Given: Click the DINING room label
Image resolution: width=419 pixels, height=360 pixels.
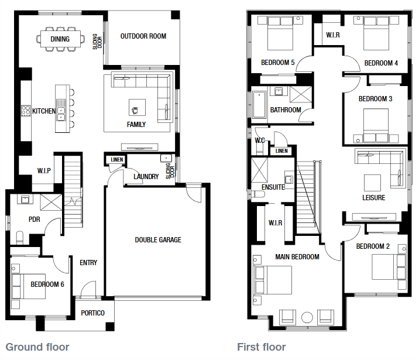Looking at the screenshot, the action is [x=60, y=39].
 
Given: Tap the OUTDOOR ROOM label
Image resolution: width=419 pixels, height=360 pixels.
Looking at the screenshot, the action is [x=143, y=36].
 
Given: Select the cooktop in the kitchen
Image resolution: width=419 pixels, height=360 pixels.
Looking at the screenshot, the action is [x=26, y=111].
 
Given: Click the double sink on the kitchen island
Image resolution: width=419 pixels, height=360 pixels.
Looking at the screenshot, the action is [x=61, y=114].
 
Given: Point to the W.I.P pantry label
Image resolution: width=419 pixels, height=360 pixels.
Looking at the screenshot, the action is [x=44, y=170].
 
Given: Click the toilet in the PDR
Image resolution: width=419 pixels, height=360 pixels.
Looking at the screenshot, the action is [x=20, y=237].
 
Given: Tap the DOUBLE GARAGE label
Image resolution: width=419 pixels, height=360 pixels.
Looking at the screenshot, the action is [x=158, y=240].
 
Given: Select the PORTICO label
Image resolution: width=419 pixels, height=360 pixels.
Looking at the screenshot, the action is [x=92, y=313].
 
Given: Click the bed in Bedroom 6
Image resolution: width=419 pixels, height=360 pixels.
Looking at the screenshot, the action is [x=28, y=286].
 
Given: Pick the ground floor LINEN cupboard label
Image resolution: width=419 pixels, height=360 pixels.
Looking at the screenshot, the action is [x=117, y=160].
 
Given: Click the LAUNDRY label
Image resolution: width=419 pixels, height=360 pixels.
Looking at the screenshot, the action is [x=146, y=176].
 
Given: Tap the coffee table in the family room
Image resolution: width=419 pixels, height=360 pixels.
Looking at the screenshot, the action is [x=137, y=108].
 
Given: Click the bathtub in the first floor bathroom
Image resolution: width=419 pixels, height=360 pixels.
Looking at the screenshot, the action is [x=259, y=105].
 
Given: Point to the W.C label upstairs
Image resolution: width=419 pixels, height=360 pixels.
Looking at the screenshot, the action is [x=260, y=140].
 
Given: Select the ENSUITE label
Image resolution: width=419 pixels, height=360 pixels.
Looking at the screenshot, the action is [x=273, y=187].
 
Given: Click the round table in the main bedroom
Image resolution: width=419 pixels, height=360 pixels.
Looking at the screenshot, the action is [x=307, y=317].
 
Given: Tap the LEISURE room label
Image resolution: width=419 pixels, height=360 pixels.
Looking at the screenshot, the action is [x=373, y=198].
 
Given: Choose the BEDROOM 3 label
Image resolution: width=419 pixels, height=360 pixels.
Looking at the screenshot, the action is [x=375, y=99].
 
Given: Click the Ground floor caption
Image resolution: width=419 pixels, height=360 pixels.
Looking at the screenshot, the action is [x=37, y=347].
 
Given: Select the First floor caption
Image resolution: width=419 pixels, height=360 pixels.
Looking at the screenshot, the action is [x=262, y=347].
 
